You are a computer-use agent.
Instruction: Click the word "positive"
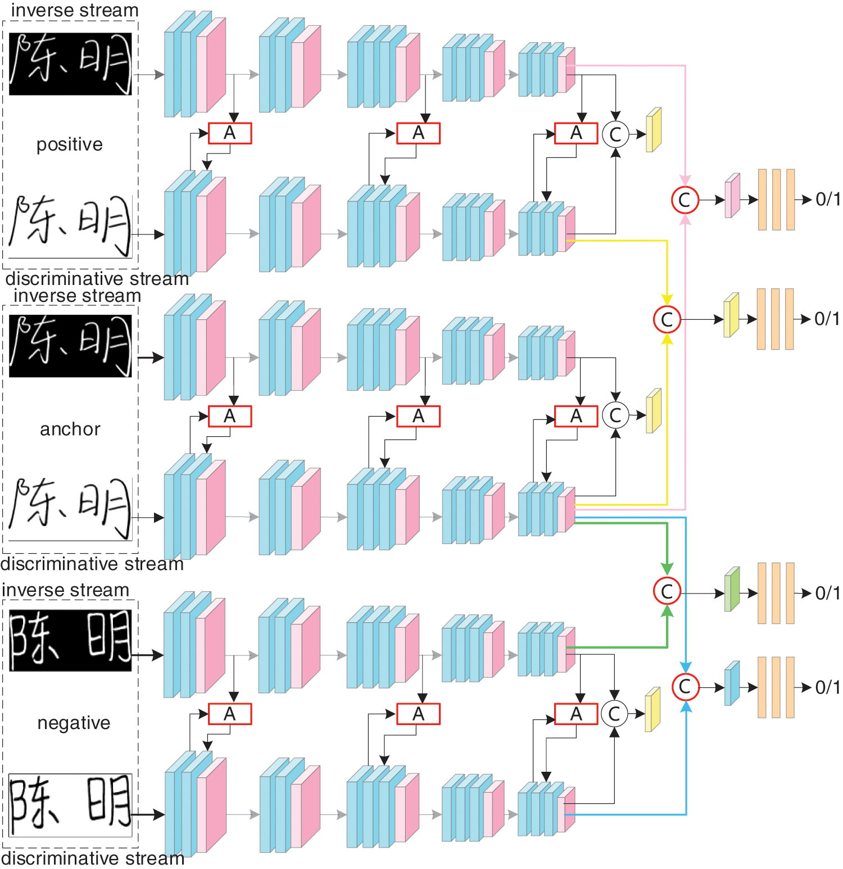[x=70, y=144]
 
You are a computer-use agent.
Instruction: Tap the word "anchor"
[x=70, y=429]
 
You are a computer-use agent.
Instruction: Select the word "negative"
[x=74, y=722]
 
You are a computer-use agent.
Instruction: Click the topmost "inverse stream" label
[x=75, y=10]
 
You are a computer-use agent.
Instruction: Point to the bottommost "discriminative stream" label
[x=93, y=858]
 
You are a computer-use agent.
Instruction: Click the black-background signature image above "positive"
[x=70, y=64]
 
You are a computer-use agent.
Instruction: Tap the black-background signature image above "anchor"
[x=70, y=346]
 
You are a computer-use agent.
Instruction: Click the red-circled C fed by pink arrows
[x=685, y=200]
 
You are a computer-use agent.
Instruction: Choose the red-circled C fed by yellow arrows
[x=667, y=319]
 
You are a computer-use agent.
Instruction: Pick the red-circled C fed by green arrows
[x=667, y=591]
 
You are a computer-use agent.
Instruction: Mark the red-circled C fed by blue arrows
[x=685, y=686]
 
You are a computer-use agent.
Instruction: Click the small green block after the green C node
[x=732, y=589]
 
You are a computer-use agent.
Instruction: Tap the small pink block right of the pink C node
[x=732, y=196]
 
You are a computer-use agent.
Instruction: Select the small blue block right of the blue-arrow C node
[x=732, y=684]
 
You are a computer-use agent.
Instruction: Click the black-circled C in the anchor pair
[x=615, y=415]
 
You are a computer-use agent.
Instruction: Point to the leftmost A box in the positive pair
[x=230, y=133]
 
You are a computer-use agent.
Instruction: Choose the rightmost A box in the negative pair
[x=576, y=714]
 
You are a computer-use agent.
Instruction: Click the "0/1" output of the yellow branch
[x=827, y=319]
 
